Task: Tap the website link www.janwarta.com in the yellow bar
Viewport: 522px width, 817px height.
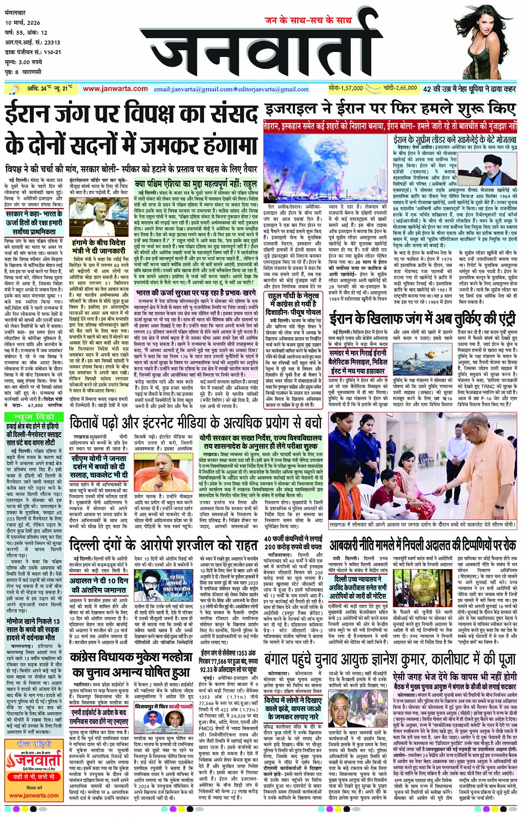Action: [x=115, y=88]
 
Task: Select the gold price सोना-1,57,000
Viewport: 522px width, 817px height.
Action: [x=345, y=88]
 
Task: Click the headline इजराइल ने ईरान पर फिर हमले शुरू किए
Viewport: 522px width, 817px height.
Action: [x=390, y=109]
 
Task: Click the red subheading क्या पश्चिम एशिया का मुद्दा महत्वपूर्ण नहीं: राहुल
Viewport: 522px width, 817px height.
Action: [x=196, y=183]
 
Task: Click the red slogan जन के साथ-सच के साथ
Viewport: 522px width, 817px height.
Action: [x=308, y=20]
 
